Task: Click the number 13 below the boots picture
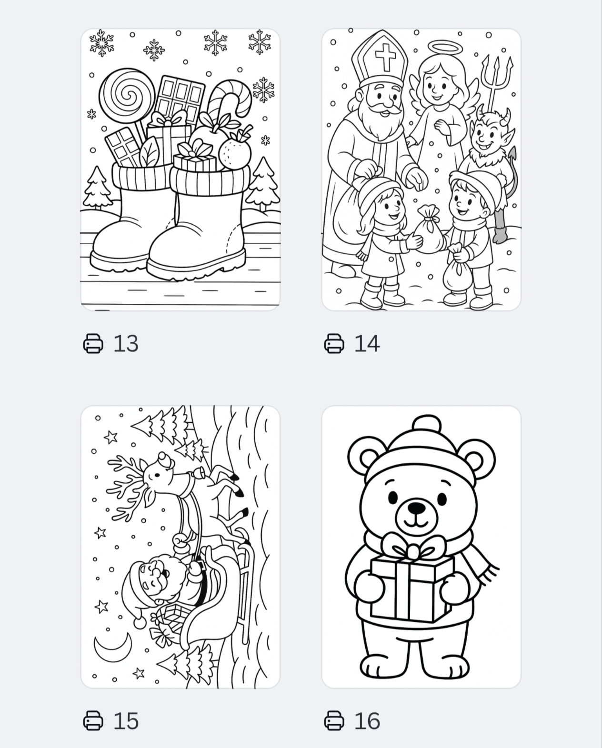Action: pyautogui.click(x=126, y=343)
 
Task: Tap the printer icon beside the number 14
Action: pyautogui.click(x=334, y=343)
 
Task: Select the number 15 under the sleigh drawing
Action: pyautogui.click(x=126, y=721)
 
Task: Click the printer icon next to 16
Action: pyautogui.click(x=334, y=721)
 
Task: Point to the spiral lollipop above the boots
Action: pyautogui.click(x=127, y=96)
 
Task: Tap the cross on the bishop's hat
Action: pyautogui.click(x=385, y=57)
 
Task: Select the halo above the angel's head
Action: pyautogui.click(x=445, y=48)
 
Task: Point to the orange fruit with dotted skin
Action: pyautogui.click(x=234, y=154)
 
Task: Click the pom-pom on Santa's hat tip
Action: pyautogui.click(x=140, y=622)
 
